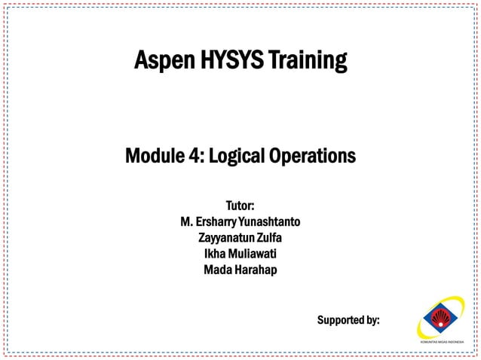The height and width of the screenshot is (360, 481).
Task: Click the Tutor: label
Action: coord(240,206)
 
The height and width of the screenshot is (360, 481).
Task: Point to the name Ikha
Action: coord(216,254)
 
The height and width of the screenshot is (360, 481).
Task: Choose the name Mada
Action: coord(216,270)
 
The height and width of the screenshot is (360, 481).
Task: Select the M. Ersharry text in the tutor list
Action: coord(209,222)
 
